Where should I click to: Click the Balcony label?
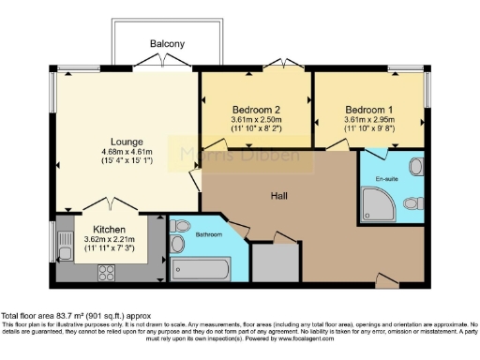pyautogui.click(x=167, y=44)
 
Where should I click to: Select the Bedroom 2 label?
pyautogui.click(x=256, y=108)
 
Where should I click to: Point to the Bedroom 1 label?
pyautogui.click(x=368, y=108)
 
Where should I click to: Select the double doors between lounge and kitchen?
pyautogui.click(x=110, y=205)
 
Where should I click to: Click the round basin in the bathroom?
pyautogui.click(x=178, y=225)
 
